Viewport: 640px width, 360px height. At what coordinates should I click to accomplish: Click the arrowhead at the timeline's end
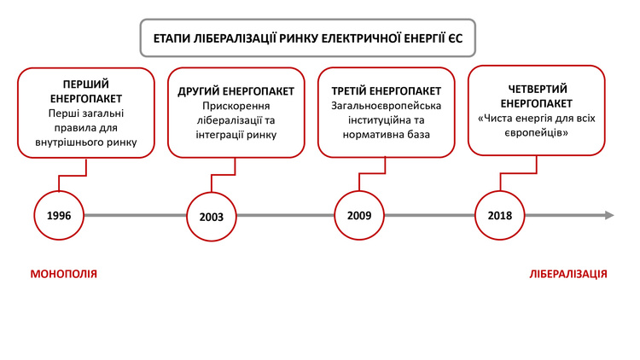[609, 215]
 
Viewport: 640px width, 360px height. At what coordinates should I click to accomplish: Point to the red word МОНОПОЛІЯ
[64, 274]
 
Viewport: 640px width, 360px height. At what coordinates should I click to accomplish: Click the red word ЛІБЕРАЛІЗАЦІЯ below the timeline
[568, 274]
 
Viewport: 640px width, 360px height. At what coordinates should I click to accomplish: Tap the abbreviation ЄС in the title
[456, 38]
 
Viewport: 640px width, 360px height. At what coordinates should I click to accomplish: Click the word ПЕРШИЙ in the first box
[86, 84]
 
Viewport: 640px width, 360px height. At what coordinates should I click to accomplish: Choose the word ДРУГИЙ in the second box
[198, 91]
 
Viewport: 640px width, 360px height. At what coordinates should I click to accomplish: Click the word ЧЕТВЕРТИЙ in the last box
[538, 89]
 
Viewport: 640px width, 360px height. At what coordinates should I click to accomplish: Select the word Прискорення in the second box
[236, 106]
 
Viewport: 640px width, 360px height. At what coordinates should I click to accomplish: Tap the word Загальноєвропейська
[386, 106]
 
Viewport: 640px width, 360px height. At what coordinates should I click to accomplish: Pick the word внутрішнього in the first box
[69, 142]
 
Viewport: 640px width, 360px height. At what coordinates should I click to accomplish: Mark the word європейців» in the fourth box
[537, 133]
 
